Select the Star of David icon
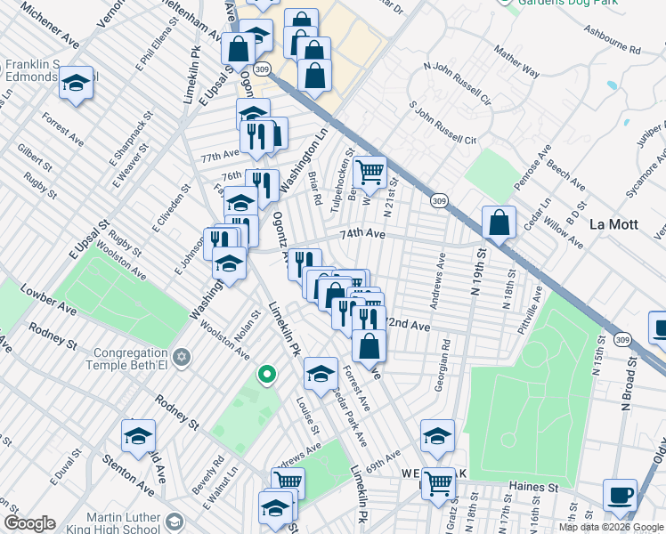pos(182,357)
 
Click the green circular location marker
pos(265,375)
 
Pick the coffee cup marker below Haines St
pos(620,495)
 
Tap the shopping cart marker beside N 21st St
pos(370,171)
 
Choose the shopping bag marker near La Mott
pos(499,222)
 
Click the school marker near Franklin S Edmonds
pos(77,83)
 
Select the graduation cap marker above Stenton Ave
pos(138,436)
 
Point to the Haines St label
pos(533,488)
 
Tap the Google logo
pos(29,523)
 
